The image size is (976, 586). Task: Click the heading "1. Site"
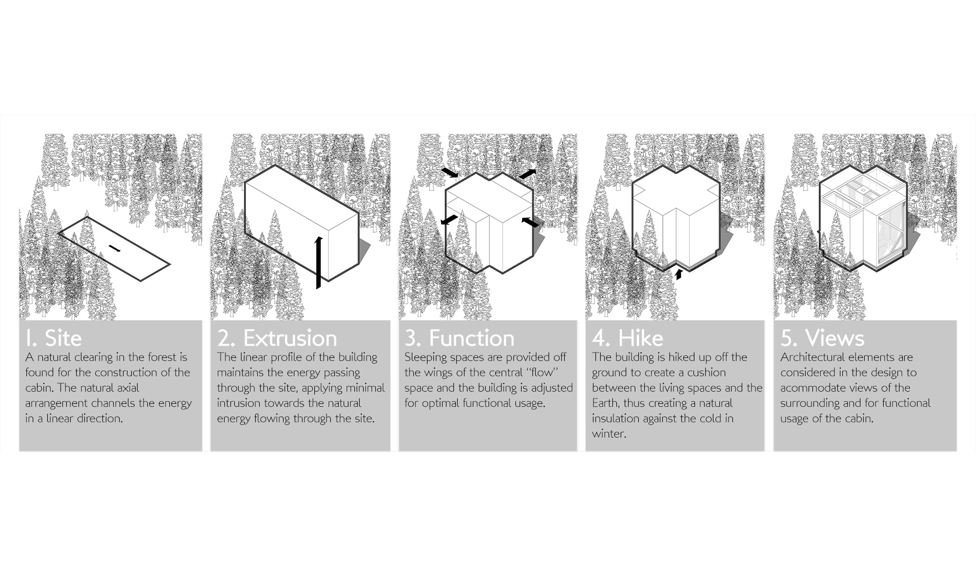tap(54, 338)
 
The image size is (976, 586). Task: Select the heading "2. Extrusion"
tap(277, 338)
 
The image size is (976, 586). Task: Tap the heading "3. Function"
tap(459, 338)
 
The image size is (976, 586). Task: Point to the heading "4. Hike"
tap(628, 338)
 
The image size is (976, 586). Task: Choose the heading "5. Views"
tap(822, 338)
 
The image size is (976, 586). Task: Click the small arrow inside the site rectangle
tap(114, 249)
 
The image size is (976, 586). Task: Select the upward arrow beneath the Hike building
tap(678, 275)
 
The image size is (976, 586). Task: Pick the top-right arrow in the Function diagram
tap(527, 174)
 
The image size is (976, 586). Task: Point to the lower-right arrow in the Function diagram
tap(531, 223)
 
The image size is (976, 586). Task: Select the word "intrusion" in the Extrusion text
tap(238, 403)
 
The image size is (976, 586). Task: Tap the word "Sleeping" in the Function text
tap(426, 358)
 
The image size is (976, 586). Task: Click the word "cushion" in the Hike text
tap(707, 373)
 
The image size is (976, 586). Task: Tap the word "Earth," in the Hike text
tap(605, 404)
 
